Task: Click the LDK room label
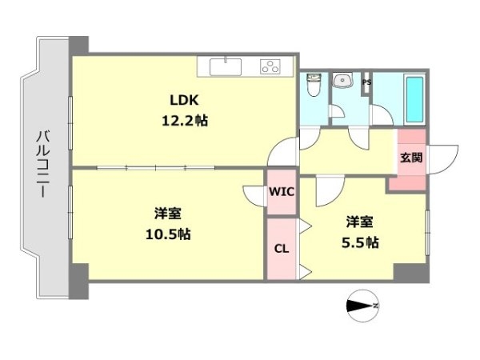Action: [184, 100]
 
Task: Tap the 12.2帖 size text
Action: [185, 121]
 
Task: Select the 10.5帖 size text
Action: [168, 234]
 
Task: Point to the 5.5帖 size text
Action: [360, 242]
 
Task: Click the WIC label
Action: [282, 192]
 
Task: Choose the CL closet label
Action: [282, 249]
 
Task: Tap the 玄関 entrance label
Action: [411, 158]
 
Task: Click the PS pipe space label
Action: [366, 82]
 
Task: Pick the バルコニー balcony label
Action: [43, 164]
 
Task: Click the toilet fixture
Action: [314, 84]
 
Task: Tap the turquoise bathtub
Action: [414, 99]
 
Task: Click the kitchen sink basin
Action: [226, 66]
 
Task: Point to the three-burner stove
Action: [270, 66]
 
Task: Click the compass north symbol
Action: [362, 306]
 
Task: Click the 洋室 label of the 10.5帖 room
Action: [168, 213]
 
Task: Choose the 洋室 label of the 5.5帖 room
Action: [360, 222]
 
